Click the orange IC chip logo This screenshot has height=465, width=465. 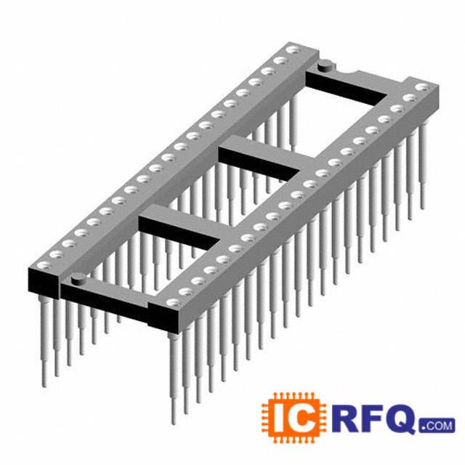[x=294, y=418]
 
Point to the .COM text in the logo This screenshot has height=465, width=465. [x=437, y=426]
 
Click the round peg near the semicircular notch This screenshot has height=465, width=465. [x=325, y=65]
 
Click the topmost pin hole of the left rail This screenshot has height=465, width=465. [x=293, y=50]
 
